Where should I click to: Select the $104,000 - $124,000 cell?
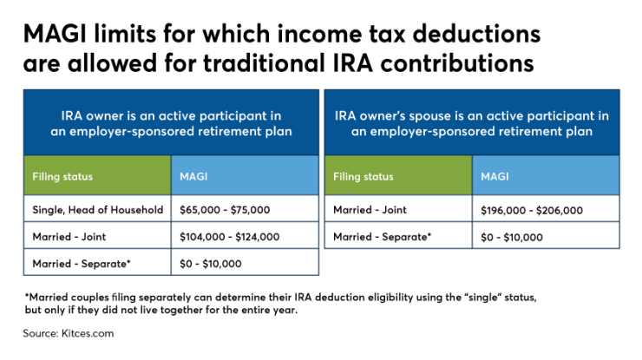point(229,236)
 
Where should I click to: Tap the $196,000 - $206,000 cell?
point(531,209)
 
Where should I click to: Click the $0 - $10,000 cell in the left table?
point(210,263)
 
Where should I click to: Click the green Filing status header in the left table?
point(62,176)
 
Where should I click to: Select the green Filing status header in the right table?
point(364,176)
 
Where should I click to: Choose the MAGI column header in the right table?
point(495,176)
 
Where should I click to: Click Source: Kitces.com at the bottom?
point(69,332)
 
